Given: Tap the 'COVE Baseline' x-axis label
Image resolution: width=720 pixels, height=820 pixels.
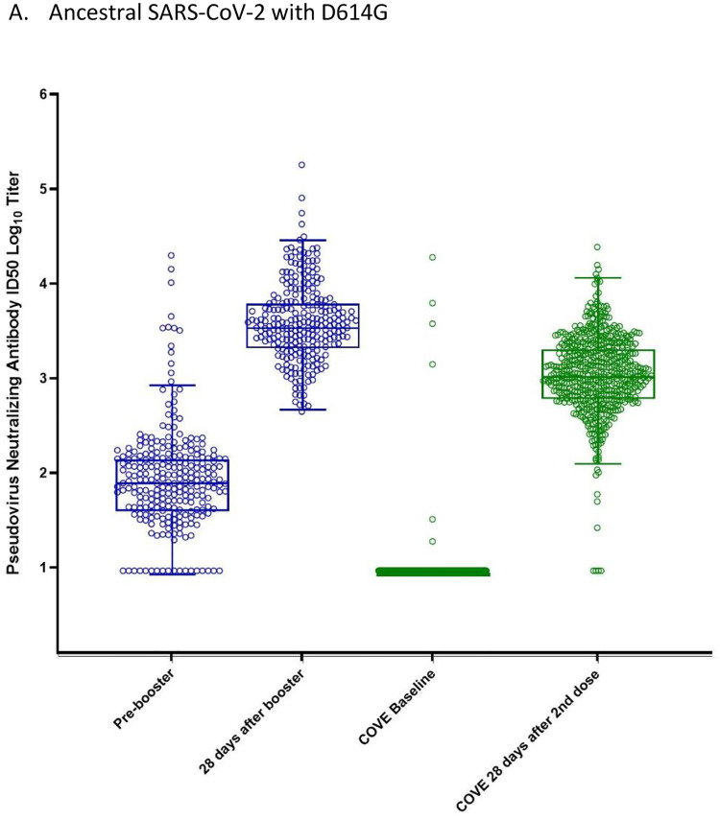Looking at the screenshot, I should tap(391, 706).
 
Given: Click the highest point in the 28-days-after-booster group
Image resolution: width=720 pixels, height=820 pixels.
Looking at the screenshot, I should tap(301, 165).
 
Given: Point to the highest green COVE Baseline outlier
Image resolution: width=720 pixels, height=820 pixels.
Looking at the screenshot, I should tap(432, 257).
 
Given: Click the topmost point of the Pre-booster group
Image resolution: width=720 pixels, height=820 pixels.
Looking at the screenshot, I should tap(172, 256).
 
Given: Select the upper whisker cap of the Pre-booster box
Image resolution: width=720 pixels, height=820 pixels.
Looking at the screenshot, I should tap(172, 386).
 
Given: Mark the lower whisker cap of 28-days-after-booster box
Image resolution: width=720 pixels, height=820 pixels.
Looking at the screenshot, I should tap(301, 410).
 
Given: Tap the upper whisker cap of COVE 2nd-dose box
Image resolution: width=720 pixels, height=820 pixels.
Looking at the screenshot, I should tap(597, 278).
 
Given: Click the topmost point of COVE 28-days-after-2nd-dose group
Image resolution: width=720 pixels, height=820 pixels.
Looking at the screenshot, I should tap(597, 247).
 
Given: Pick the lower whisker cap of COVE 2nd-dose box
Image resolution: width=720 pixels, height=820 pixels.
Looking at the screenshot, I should tap(597, 463).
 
